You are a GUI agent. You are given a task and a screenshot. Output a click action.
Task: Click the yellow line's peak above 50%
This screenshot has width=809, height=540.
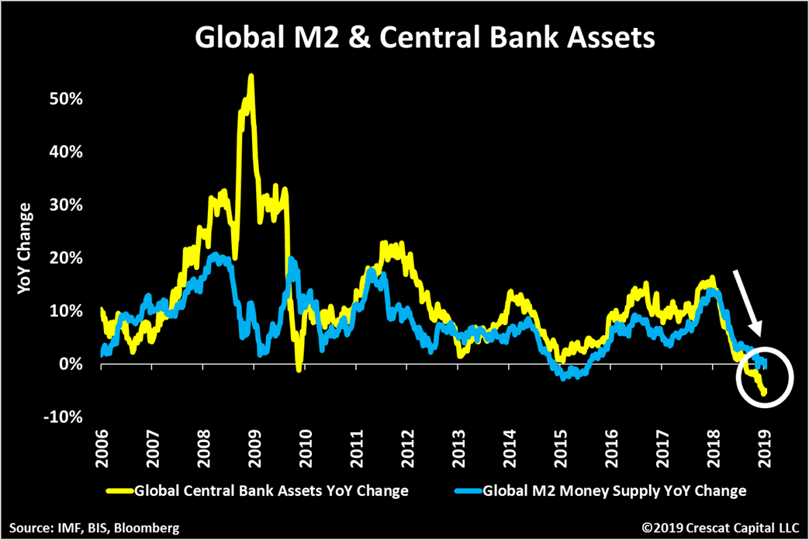tap(251, 76)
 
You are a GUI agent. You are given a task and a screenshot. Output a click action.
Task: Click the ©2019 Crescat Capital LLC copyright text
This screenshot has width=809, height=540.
tap(720, 528)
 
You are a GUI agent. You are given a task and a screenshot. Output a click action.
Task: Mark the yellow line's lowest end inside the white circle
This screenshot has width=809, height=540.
tap(764, 393)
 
